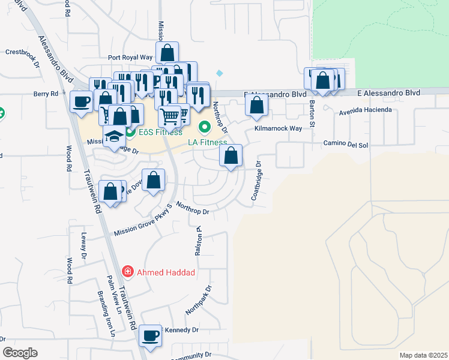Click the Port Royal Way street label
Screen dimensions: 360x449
point(130,58)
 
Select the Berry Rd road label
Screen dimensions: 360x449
point(46,94)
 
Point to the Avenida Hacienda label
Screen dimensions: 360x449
point(366,110)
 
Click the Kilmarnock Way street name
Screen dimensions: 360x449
point(278,129)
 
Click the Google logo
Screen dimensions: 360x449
point(20,353)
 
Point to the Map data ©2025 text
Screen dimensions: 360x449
point(423,355)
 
